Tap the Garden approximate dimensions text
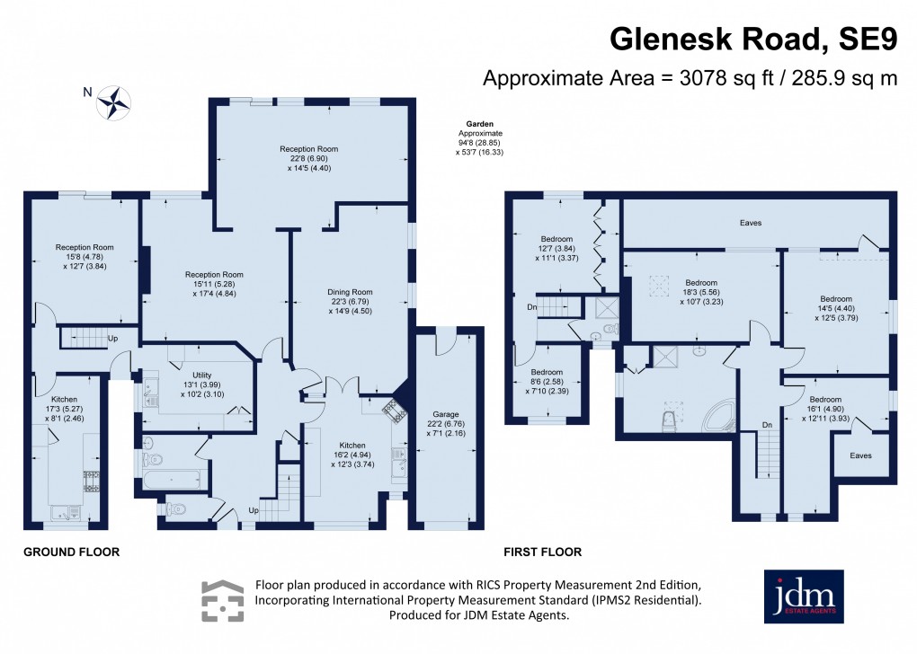[477, 138]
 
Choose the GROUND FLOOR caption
[71, 552]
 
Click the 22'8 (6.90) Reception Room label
[308, 157]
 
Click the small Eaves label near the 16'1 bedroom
[861, 455]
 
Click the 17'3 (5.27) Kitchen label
[64, 408]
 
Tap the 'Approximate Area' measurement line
[690, 78]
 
